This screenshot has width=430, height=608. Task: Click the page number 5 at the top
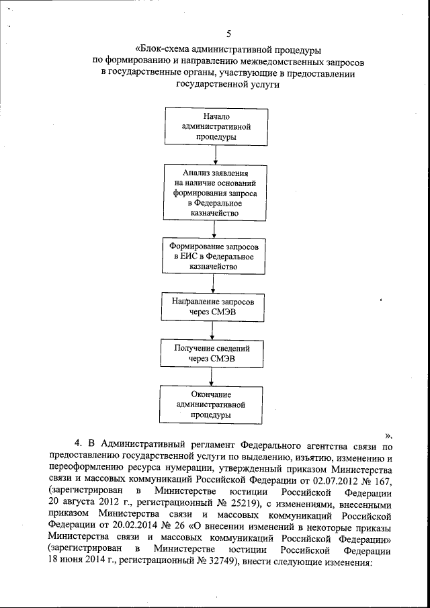[x=228, y=33]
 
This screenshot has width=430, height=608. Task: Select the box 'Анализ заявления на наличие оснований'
[x=215, y=193]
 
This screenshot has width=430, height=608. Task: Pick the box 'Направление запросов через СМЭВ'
[x=212, y=306]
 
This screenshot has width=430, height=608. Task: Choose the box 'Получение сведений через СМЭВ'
[x=212, y=353]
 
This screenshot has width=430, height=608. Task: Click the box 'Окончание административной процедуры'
[x=211, y=404]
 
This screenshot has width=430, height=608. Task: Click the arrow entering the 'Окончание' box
[x=212, y=378]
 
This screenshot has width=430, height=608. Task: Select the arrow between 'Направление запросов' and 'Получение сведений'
[x=212, y=330]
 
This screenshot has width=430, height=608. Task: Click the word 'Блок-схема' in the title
[x=164, y=50]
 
